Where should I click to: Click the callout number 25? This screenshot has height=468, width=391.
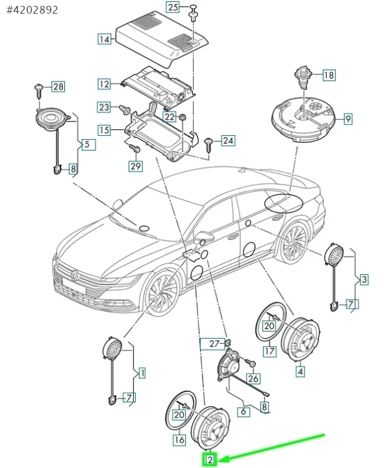click(172, 7)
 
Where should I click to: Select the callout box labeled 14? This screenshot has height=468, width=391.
click(104, 39)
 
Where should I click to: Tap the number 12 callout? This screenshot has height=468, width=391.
click(104, 84)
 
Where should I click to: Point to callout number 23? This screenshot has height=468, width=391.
click(104, 107)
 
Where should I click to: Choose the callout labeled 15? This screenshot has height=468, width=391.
click(104, 130)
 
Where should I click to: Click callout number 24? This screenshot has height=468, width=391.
click(227, 140)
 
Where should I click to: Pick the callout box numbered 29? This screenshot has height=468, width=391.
click(135, 166)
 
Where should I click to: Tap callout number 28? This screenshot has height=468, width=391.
click(58, 86)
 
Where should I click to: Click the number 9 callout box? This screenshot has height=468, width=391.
click(347, 119)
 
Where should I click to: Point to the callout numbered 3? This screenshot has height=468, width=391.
click(364, 279)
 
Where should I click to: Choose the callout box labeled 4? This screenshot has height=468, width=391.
click(300, 372)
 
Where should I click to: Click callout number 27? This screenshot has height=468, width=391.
click(215, 343)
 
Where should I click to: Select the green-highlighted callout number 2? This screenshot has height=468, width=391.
click(210, 460)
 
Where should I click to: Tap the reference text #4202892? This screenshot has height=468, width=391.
click(32, 10)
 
